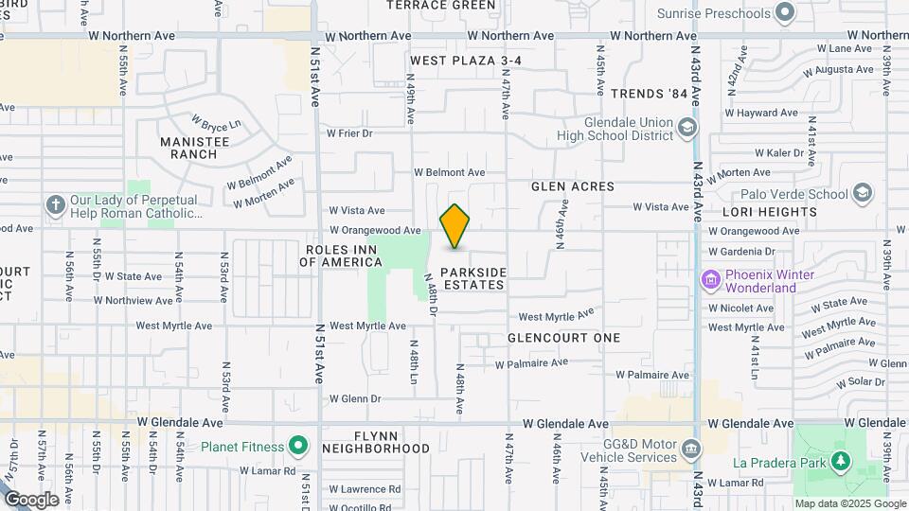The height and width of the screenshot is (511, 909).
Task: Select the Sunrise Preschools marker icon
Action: [x=784, y=13]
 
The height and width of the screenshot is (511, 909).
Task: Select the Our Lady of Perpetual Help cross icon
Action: [x=56, y=204]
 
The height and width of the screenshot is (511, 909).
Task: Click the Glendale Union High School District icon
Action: [x=687, y=129]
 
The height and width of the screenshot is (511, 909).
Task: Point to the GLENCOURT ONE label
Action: [x=563, y=338]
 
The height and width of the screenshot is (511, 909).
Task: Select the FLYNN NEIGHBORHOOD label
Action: [x=376, y=441]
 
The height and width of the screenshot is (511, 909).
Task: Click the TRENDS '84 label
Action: [x=649, y=94]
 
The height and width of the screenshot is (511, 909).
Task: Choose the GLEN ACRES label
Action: [x=573, y=187]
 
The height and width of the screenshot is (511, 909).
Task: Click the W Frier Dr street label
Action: [x=349, y=133]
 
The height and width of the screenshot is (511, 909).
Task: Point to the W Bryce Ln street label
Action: [x=217, y=123]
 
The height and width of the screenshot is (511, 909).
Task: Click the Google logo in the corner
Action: [x=31, y=499]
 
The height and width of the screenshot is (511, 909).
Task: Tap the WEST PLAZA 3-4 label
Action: [x=466, y=61]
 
